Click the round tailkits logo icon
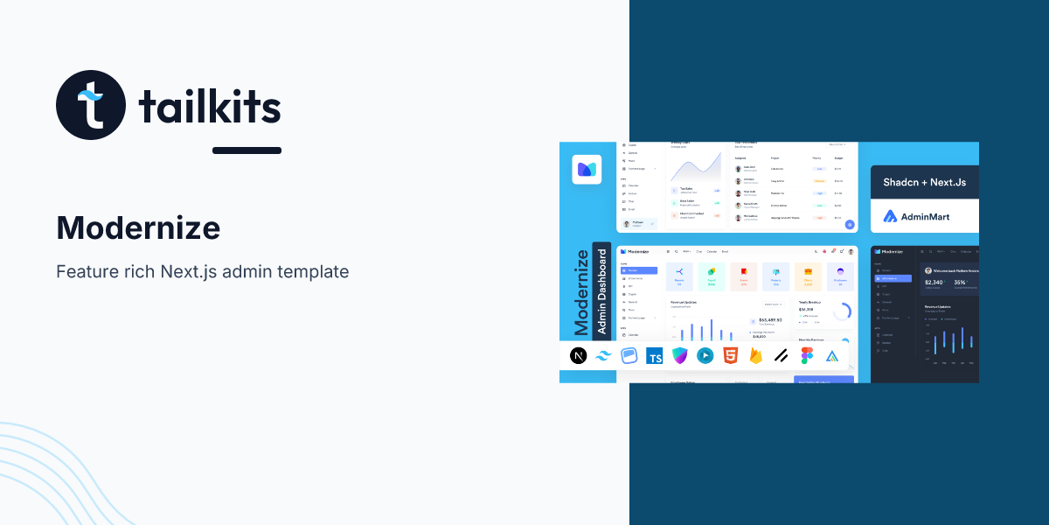pos(91,106)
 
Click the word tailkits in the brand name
pos(210,108)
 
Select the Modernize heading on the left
pos(138,228)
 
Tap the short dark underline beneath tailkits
pos(247,150)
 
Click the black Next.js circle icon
pos(578,355)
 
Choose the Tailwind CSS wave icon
pos(603,355)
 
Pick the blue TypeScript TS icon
pos(654,356)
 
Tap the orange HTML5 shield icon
pos(730,355)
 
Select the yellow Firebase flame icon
pos(755,355)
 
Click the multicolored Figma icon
pos(806,355)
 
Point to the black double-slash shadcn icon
pos(781,355)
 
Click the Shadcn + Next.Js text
pos(924,183)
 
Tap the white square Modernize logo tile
pos(587,170)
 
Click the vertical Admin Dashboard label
pos(601,289)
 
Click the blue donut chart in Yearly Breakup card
pos(842,311)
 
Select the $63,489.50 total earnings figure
pos(769,320)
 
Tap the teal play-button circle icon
pos(705,355)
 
